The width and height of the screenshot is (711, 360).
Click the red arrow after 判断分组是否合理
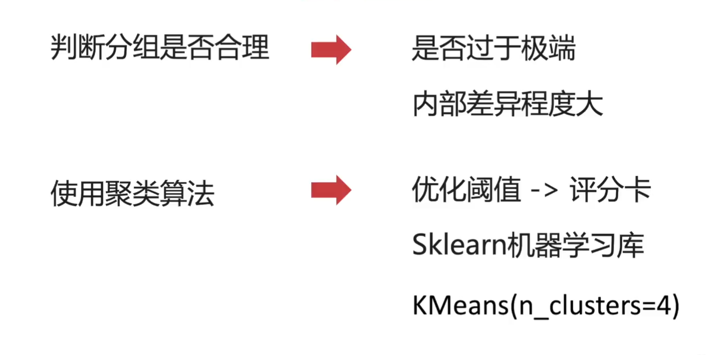point(331,50)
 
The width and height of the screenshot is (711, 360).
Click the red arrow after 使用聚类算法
point(331,190)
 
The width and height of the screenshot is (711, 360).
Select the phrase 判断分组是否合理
point(160,49)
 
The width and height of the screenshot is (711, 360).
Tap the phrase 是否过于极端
point(493,50)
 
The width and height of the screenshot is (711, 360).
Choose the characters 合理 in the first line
point(242,49)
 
